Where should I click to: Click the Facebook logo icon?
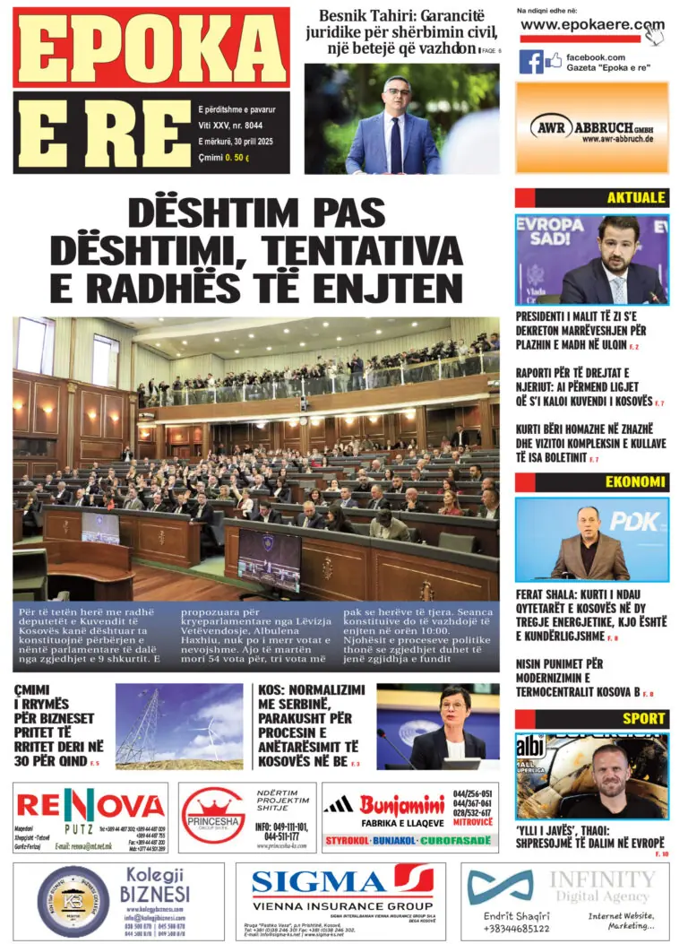[531, 61]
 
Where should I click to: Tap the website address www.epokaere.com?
[592, 25]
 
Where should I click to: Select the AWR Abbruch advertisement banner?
[591, 127]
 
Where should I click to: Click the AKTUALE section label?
[636, 198]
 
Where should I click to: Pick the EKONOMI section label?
[635, 482]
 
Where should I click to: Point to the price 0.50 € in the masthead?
[236, 159]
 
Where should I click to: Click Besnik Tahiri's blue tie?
[395, 143]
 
